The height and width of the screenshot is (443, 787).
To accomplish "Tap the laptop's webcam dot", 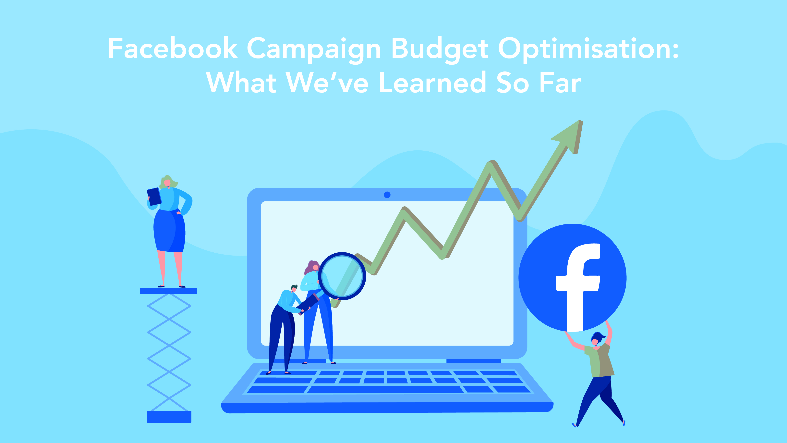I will (387, 195).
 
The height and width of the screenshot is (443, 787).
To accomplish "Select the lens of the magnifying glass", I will (342, 276).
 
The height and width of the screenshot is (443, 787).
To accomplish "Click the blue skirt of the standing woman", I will (170, 231).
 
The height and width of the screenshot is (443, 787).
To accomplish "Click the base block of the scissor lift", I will (169, 417).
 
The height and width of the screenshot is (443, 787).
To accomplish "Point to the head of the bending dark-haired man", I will (294, 288).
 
